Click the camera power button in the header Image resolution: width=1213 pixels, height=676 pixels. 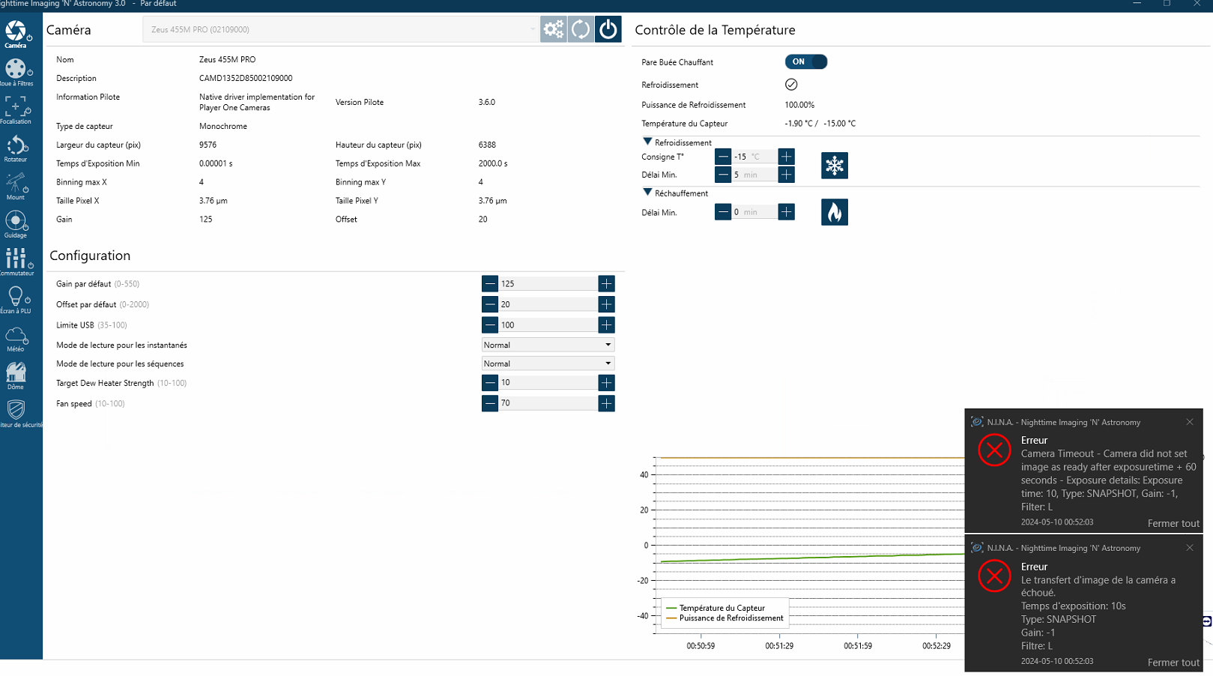pos(608,29)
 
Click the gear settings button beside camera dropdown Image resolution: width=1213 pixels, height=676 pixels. pos(554,29)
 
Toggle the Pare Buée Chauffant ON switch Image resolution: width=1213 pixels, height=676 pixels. pos(805,62)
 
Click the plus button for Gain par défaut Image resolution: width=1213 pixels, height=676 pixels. pos(606,284)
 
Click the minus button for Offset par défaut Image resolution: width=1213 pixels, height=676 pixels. pos(490,304)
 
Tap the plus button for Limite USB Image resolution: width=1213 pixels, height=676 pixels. pos(606,325)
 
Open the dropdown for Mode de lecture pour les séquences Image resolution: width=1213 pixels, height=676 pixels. pos(548,363)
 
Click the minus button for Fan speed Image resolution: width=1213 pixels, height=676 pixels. pos(490,403)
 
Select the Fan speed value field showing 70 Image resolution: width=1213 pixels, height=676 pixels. pos(548,403)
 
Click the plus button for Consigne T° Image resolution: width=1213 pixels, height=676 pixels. pos(786,157)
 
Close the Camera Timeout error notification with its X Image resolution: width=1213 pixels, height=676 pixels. pos(1190,422)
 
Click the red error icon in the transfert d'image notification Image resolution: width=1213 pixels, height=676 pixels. pos(994,576)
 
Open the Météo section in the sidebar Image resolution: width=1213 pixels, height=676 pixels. pos(16,338)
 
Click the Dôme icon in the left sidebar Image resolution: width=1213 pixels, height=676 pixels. pos(16,375)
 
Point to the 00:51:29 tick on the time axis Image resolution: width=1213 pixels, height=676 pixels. pos(779,645)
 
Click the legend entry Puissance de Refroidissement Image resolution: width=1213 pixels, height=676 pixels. pos(730,618)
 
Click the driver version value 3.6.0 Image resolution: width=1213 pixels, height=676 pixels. pos(487,103)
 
